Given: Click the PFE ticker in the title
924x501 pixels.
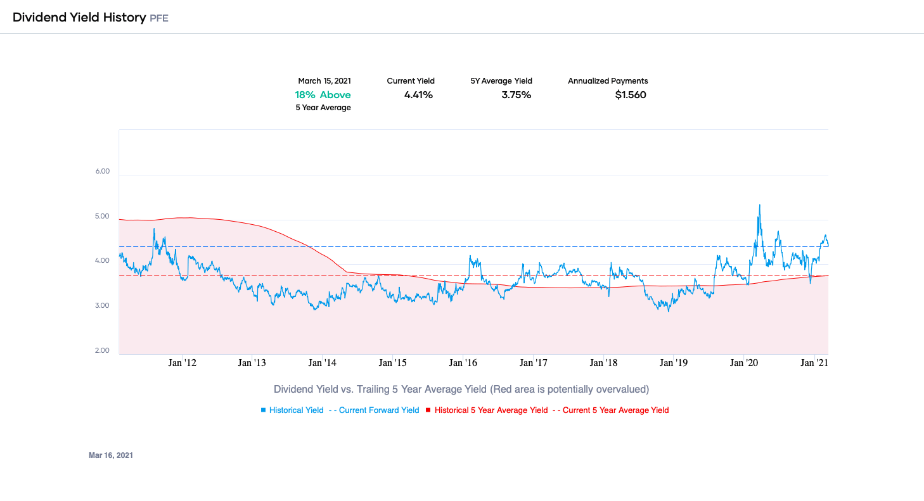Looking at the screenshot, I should click(x=158, y=18).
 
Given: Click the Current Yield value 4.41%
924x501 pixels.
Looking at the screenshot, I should click(x=418, y=95).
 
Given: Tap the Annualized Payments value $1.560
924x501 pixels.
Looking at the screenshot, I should click(x=631, y=95).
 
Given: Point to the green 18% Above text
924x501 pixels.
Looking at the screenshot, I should click(x=323, y=95).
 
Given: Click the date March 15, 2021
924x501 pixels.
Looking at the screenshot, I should click(x=324, y=81).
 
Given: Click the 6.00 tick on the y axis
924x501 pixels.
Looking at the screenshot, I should click(x=101, y=172).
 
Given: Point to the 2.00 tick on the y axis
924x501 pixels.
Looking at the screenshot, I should click(x=101, y=351).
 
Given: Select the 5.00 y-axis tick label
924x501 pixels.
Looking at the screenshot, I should click(x=101, y=217).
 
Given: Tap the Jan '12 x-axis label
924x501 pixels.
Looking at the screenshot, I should click(x=182, y=364).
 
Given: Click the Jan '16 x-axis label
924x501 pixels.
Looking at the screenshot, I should click(x=463, y=364).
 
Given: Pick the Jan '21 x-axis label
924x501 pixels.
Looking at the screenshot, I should click(x=814, y=364).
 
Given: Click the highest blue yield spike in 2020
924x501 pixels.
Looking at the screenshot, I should click(x=760, y=205).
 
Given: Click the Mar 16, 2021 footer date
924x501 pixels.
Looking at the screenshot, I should click(x=111, y=455).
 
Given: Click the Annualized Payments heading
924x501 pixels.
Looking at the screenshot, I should click(x=608, y=81).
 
